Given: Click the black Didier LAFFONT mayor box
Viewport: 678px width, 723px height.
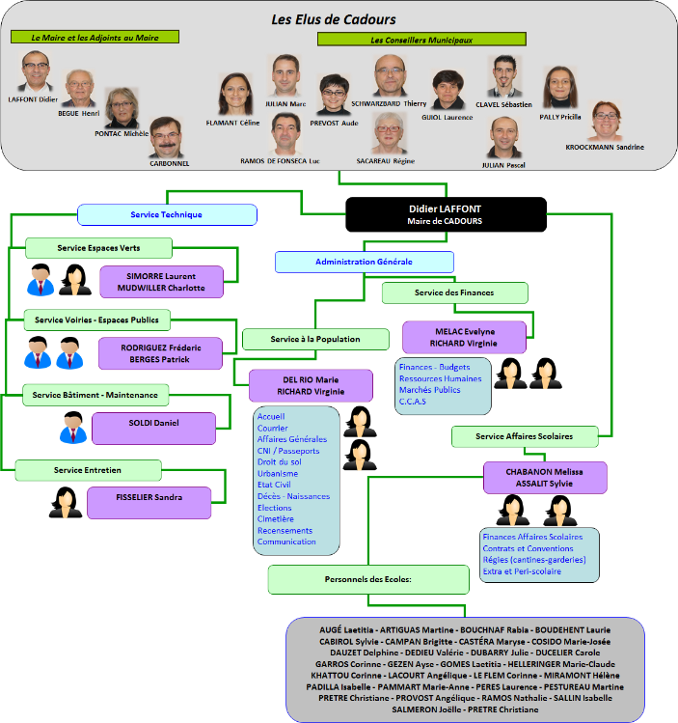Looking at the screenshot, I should pos(446,214).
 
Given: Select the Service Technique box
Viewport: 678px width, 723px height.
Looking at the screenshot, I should pos(167,214).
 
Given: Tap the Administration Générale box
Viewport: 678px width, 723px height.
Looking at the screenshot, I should pos(364,262).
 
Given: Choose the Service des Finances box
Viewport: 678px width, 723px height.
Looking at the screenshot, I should pos(454,292).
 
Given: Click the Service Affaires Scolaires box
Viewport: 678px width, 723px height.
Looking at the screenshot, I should pos(524,436).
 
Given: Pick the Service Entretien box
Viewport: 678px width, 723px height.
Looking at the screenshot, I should pos(88,470).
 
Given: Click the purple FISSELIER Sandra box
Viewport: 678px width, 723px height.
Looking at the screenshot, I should pos(149,501).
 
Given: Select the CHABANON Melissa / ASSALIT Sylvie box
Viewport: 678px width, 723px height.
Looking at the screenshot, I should pos(546,477).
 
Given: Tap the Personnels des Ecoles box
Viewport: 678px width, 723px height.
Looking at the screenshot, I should pos(356,579).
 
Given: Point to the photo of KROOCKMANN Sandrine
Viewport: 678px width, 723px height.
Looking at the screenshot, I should pos(605,122).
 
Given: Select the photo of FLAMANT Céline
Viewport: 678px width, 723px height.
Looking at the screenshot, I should pos(233,95).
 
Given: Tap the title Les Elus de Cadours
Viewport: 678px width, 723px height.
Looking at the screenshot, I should pos(334,18).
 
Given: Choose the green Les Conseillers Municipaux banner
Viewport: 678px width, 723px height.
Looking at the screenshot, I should pos(421,40).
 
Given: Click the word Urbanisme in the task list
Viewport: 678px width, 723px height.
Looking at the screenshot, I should pos(278,474).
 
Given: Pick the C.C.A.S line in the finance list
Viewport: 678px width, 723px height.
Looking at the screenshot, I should pos(413,402).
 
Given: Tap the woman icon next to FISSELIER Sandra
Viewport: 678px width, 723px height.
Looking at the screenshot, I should pos(65,502).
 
